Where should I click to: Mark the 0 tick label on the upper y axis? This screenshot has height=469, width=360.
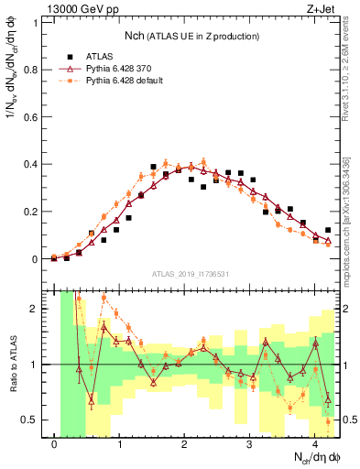point(38,259)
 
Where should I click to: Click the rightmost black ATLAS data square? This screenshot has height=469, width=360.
point(328,230)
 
